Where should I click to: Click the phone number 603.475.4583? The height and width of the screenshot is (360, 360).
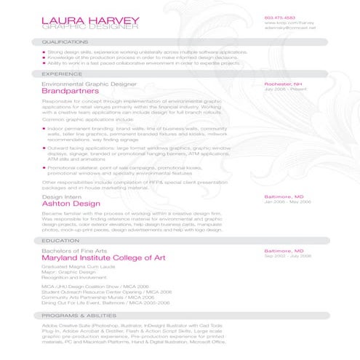tap(280, 17)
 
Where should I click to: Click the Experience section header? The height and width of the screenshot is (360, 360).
tap(61, 73)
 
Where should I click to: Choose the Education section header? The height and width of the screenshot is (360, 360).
tap(60, 240)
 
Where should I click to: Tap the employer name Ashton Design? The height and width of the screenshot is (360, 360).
tap(71, 204)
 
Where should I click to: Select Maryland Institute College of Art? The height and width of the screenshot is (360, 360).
tap(104, 257)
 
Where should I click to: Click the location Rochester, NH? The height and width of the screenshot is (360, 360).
tap(284, 84)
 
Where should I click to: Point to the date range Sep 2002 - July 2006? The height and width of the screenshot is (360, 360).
tap(287, 256)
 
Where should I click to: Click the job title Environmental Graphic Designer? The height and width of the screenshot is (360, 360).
tap(89, 84)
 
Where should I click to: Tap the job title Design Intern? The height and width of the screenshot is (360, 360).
tap(60, 196)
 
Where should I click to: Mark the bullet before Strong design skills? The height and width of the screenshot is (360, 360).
tap(43, 52)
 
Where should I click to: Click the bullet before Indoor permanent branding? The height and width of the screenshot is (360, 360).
tap(43, 128)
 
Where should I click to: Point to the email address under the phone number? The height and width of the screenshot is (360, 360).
tap(290, 28)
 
